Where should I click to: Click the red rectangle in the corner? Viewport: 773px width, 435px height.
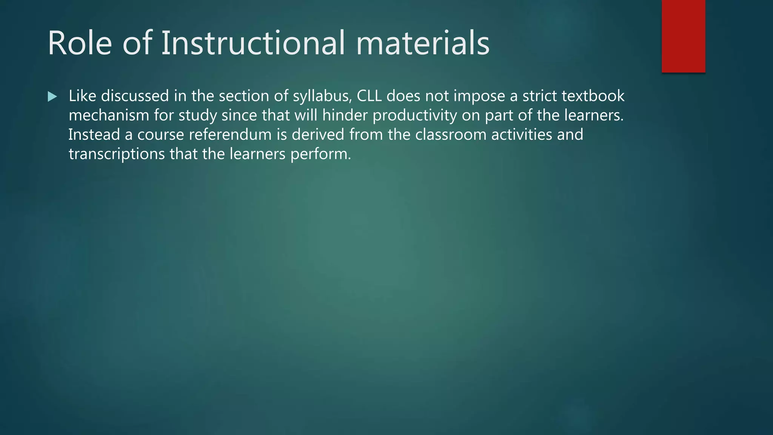(x=683, y=36)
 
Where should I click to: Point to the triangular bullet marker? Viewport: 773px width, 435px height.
(x=52, y=97)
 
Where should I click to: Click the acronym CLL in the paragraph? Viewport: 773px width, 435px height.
(x=369, y=96)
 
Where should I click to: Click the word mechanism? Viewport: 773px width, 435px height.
(x=109, y=115)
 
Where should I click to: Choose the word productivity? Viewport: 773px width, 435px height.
(x=415, y=116)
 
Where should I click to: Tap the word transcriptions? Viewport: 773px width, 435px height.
(x=117, y=154)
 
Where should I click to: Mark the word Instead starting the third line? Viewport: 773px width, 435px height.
(x=94, y=134)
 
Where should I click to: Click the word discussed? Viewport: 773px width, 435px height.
(x=135, y=96)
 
